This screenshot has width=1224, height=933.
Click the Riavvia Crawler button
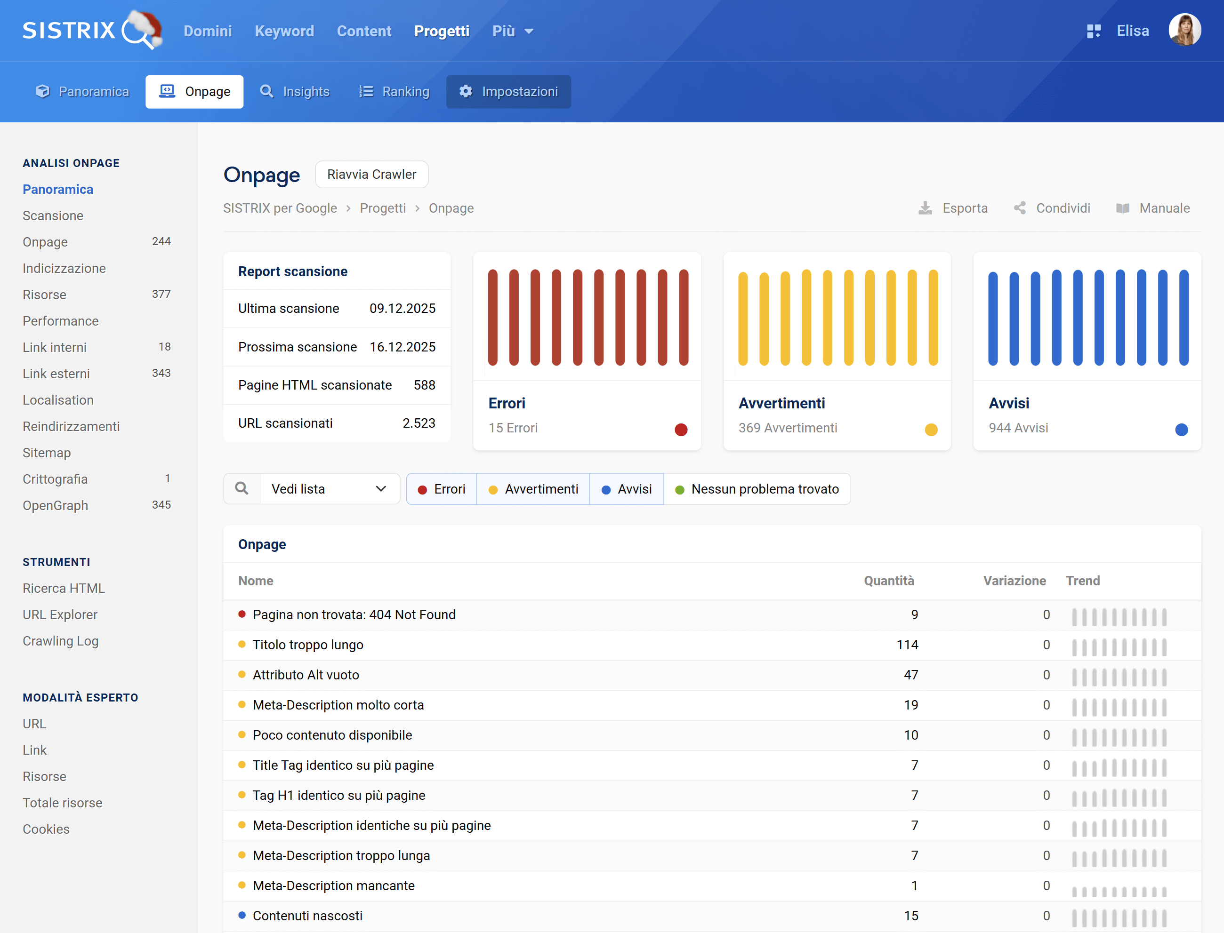point(371,175)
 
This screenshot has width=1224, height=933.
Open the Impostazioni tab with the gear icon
point(508,92)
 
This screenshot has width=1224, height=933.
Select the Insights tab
point(295,92)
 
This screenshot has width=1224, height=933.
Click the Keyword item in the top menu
point(284,31)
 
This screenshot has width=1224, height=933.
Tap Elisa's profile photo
point(1184,30)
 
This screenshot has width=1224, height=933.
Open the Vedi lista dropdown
point(329,489)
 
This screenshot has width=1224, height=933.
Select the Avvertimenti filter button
point(533,489)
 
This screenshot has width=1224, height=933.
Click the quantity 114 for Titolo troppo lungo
point(907,645)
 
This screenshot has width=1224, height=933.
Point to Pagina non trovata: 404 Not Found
point(354,615)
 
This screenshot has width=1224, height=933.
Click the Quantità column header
point(888,581)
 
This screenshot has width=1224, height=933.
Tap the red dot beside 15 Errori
point(681,429)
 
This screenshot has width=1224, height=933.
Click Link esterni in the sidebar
point(56,374)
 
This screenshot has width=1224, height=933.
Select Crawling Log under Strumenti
point(61,641)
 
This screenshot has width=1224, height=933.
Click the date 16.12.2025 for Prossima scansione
point(402,347)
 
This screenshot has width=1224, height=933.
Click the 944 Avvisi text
point(1018,428)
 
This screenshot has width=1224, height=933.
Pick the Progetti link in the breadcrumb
point(382,208)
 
